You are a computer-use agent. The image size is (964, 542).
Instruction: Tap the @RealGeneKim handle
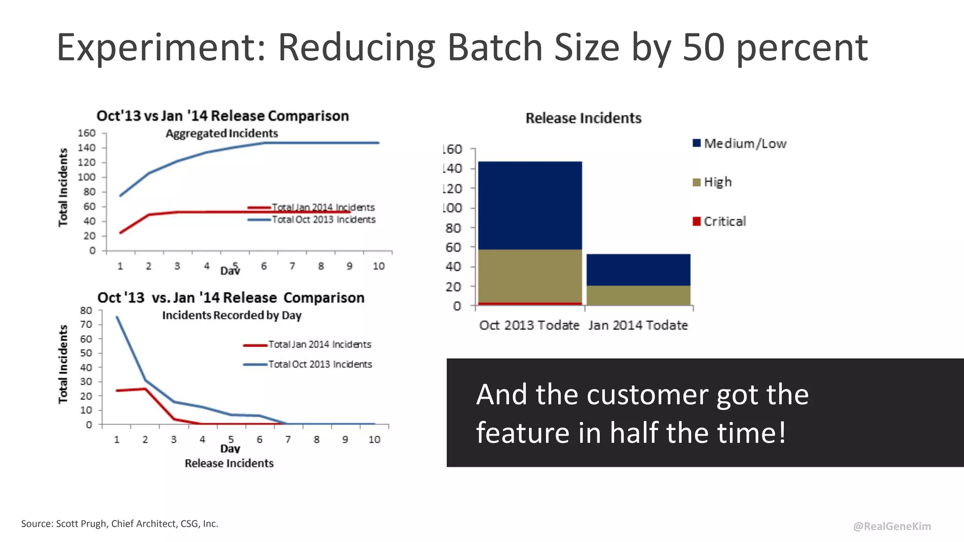tap(892, 526)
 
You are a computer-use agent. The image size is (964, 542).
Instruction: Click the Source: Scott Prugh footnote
tap(120, 524)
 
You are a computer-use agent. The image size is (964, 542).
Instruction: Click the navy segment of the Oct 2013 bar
tap(530, 205)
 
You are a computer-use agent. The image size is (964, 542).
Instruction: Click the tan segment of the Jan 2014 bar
tap(638, 295)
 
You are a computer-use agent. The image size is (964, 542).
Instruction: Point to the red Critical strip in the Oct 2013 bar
tap(530, 304)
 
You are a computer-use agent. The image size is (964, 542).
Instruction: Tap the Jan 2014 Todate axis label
tap(638, 325)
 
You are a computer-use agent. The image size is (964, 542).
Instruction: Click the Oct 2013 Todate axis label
tap(529, 325)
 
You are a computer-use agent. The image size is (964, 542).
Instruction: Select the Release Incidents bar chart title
tap(583, 118)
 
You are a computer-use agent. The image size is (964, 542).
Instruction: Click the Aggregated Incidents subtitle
tap(222, 134)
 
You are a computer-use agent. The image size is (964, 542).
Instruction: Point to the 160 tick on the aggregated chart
tap(87, 133)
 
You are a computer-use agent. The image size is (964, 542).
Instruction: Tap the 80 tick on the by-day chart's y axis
tap(86, 311)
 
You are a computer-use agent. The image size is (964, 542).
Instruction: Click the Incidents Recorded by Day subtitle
tap(232, 315)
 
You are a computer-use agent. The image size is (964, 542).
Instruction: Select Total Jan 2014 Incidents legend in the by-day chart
tap(319, 344)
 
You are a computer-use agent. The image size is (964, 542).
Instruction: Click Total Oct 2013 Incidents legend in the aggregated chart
tap(323, 220)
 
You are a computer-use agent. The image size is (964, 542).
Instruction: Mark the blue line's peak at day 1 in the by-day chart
tap(117, 317)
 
